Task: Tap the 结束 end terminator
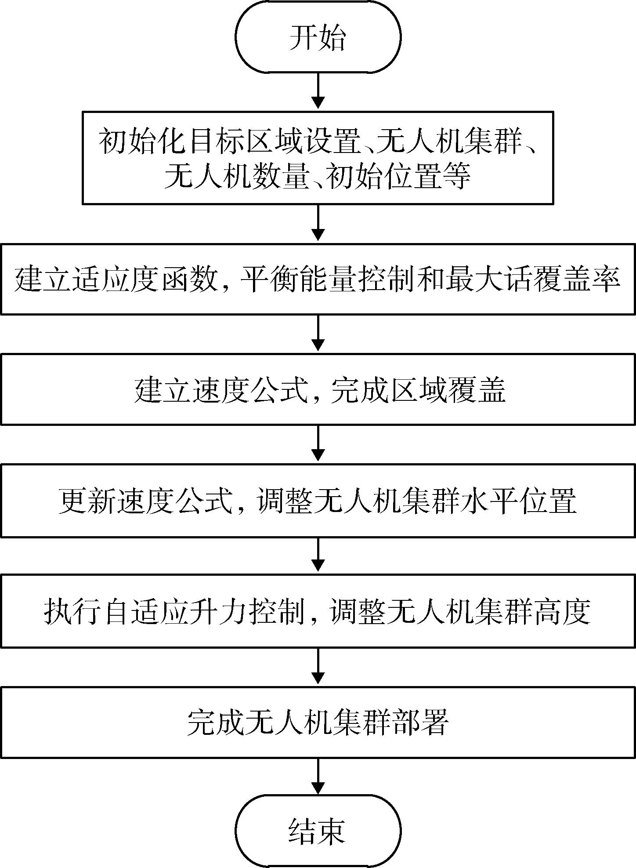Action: (x=318, y=830)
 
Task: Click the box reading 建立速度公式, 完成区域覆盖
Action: (x=318, y=390)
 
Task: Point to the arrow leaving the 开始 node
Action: (x=318, y=91)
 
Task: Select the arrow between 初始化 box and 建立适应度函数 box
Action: (x=318, y=223)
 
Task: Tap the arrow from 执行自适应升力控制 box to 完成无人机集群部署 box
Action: (x=318, y=667)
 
